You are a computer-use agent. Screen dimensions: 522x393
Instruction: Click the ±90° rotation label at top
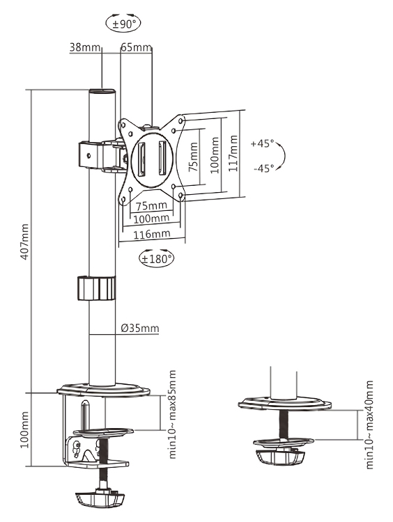coord(127,23)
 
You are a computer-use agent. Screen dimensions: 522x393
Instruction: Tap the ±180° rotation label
coord(157,258)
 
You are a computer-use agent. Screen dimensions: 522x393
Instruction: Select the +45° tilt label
coord(263,145)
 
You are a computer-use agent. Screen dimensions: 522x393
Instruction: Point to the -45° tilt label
coord(263,168)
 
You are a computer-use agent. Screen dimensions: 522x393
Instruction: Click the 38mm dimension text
coord(84,47)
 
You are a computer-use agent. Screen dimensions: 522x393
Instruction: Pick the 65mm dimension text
coord(136,47)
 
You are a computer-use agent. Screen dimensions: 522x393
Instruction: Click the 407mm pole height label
coord(24,242)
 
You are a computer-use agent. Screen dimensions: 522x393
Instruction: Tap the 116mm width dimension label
coord(153,235)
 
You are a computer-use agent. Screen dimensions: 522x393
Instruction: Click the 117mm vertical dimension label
coord(232,152)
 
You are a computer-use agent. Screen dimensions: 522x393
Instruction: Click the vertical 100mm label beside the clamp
coord(24,430)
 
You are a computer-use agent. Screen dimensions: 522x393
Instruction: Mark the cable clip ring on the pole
coord(95,288)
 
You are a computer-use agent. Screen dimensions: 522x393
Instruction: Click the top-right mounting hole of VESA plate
coord(182,121)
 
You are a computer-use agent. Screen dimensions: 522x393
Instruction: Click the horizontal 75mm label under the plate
coord(151,206)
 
